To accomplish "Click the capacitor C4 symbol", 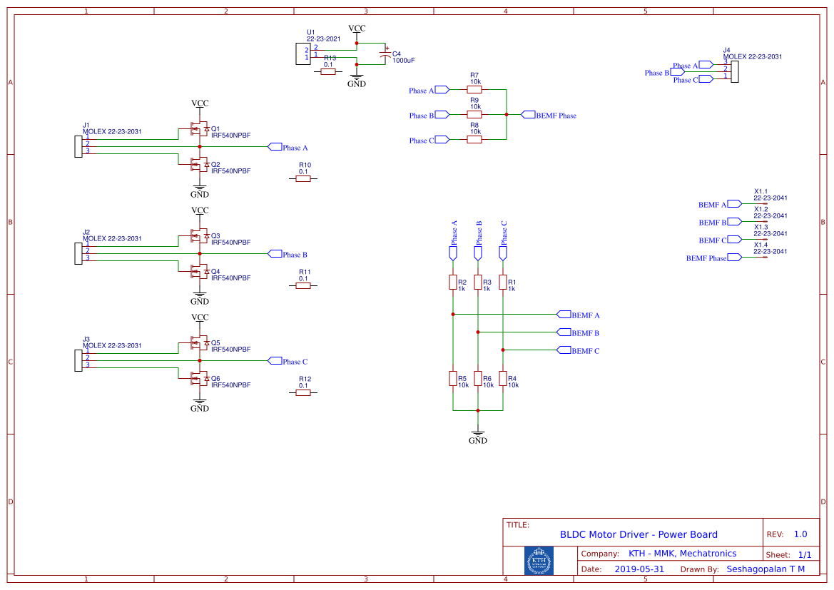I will click(x=386, y=56).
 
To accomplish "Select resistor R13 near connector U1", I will click(x=328, y=72).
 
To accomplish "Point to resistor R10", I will click(x=304, y=178).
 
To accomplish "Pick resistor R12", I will click(x=304, y=392).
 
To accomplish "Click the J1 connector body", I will click(x=78, y=146).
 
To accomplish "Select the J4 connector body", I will click(x=734, y=71).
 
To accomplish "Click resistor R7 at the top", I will click(x=474, y=90).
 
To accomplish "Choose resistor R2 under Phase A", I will click(x=452, y=283).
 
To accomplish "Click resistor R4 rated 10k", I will click(x=503, y=379).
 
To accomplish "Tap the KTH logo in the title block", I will click(x=539, y=561).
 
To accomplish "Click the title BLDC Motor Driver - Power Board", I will click(x=639, y=534).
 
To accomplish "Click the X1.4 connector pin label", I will click(x=761, y=245).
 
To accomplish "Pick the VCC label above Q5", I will click(x=200, y=317).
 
